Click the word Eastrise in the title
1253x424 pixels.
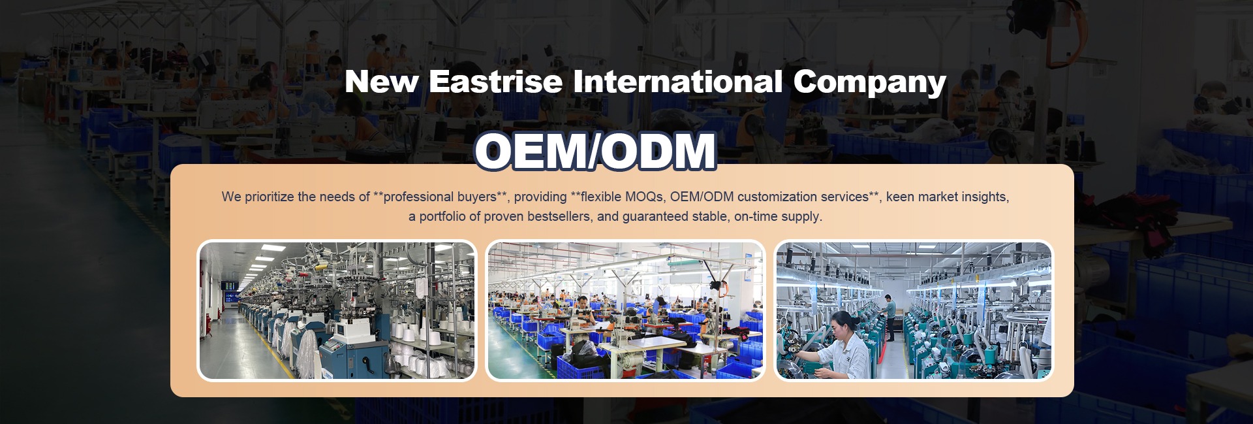495,82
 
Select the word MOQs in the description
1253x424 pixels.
645,197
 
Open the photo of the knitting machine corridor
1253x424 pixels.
337,310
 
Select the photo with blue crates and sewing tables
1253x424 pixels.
625,310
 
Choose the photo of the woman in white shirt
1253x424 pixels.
914,310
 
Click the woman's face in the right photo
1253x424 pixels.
843,323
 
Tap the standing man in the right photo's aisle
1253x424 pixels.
889,317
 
